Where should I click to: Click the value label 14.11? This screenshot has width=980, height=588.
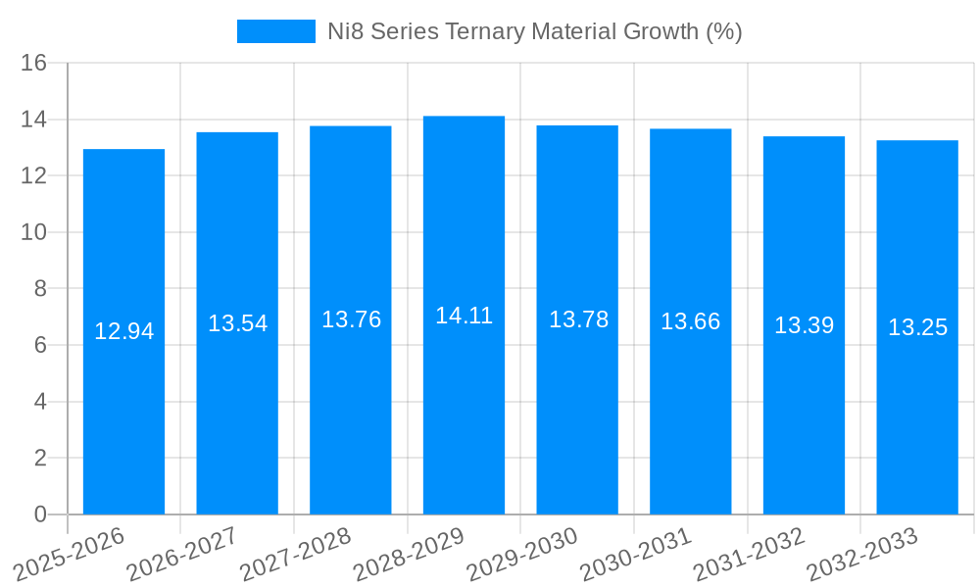point(464,316)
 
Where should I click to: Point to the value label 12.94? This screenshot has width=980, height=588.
point(123,331)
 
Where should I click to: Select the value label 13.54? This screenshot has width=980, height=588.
point(237,323)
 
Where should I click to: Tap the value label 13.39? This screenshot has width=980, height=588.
point(804,325)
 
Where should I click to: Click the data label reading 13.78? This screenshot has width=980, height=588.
point(577,319)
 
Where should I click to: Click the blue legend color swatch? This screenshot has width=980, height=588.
point(275,31)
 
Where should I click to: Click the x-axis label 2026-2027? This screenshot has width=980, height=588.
point(181,555)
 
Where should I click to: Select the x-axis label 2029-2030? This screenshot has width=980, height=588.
point(521,555)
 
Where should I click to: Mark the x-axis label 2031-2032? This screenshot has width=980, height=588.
point(749,555)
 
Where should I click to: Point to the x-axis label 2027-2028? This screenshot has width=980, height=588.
point(295,555)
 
